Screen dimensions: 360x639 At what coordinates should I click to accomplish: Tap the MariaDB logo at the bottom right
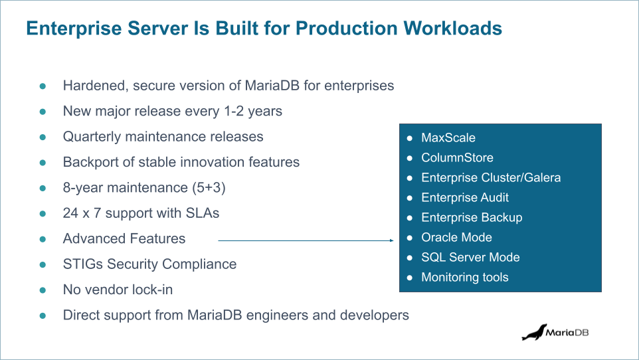(555, 332)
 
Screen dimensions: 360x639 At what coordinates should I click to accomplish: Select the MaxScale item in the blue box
(448, 138)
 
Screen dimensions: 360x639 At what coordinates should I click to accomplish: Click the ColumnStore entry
(457, 158)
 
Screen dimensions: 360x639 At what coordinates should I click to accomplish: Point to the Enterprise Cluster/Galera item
(491, 178)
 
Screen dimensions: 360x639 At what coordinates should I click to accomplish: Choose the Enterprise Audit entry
(465, 198)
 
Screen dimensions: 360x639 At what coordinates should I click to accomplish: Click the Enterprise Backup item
(472, 218)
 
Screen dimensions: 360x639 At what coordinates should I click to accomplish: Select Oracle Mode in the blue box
(456, 238)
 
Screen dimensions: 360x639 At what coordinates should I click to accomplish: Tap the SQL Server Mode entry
(470, 258)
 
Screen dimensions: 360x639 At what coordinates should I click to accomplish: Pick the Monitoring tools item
(464, 278)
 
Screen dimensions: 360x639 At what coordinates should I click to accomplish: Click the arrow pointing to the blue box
(306, 241)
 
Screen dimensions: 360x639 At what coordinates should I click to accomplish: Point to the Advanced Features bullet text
(124, 238)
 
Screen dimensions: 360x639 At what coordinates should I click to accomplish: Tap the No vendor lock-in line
(118, 290)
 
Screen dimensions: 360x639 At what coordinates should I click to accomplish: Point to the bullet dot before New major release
(43, 112)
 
